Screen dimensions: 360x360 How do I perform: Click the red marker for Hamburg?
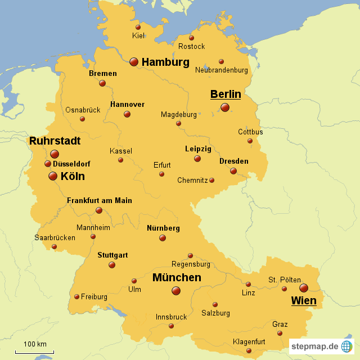coord(134,62)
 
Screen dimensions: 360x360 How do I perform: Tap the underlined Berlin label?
coord(226,94)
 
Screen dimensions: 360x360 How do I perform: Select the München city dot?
coord(176,290)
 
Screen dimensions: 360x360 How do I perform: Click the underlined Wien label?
coord(303,301)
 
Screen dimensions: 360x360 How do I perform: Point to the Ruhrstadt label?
coord(55,141)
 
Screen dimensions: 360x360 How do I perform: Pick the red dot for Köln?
coord(53,176)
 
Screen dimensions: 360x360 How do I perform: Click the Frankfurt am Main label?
coord(100,200)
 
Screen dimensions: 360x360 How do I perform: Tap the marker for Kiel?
coord(138,27)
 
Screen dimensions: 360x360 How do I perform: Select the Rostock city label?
coord(191,46)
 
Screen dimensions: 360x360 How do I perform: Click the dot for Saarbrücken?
coord(54,246)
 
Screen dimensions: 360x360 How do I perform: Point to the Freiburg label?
coord(94,296)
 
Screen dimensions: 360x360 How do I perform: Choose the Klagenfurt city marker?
coord(249,351)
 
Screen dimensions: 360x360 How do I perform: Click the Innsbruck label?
coord(171,317)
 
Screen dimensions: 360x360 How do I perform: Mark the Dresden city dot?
coord(233,171)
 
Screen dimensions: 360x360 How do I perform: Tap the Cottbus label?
coord(250,132)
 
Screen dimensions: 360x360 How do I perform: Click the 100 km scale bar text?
coord(35,344)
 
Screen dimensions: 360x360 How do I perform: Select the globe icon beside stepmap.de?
coord(347,346)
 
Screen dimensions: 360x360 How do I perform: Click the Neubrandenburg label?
coord(221,70)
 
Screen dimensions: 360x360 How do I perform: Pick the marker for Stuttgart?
coord(112,264)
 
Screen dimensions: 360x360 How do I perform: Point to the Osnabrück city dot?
coord(82,119)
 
